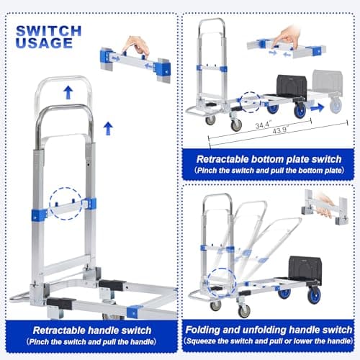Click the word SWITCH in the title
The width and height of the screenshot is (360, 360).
(48, 30)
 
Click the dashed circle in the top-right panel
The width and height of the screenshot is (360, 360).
(251, 102)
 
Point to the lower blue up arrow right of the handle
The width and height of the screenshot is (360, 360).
(107, 128)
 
